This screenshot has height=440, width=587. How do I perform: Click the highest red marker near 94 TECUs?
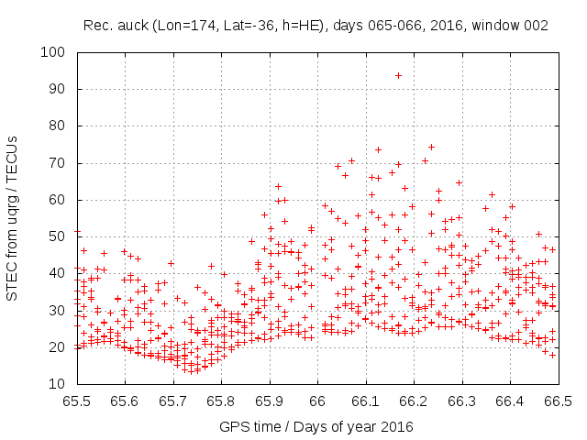pyautogui.click(x=398, y=75)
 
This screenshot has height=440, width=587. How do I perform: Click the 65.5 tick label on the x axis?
pyautogui.click(x=76, y=401)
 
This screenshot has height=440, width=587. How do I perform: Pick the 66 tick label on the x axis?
pyautogui.click(x=317, y=401)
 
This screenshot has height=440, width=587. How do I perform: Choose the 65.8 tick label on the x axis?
pyautogui.click(x=221, y=401)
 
